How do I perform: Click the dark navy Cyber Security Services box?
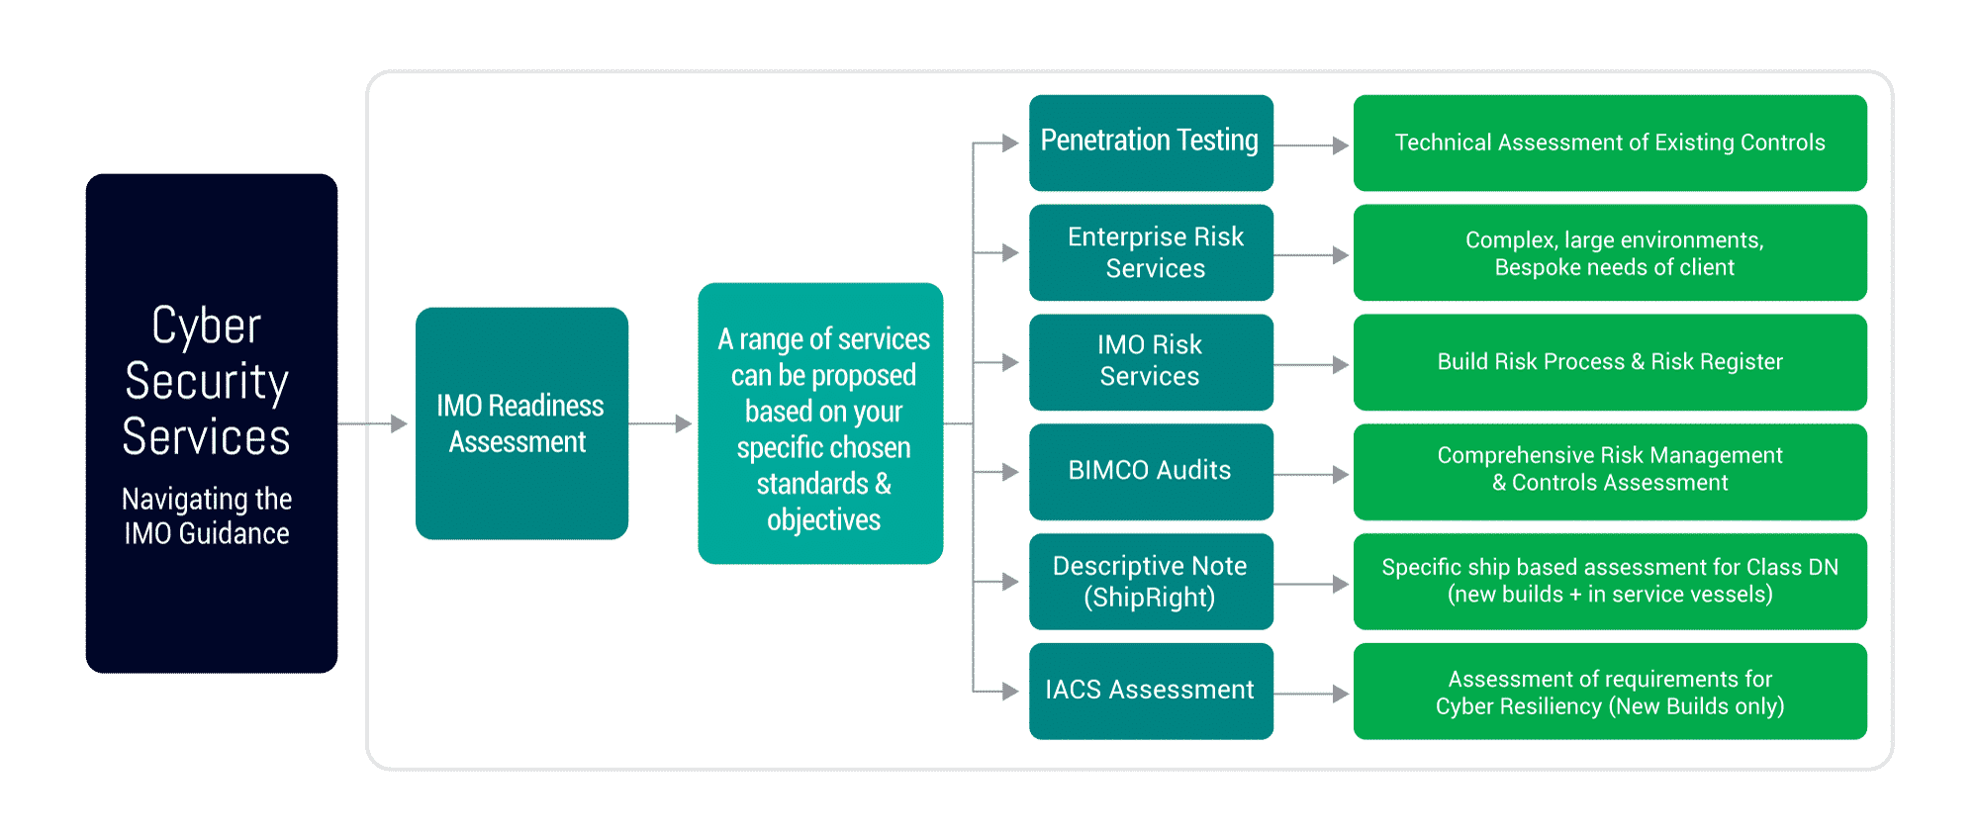point(212,423)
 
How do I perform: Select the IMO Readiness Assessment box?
point(521,423)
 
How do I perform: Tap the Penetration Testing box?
point(1151,142)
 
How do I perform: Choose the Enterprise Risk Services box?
point(1151,252)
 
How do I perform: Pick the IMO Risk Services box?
point(1151,362)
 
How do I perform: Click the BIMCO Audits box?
point(1151,472)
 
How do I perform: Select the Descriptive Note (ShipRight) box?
point(1151,582)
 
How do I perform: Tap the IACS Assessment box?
point(1151,692)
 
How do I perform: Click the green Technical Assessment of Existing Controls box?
point(1610,142)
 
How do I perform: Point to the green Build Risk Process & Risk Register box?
point(1610,362)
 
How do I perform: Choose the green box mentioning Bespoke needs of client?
point(1610,252)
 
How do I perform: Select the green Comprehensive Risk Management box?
point(1610,472)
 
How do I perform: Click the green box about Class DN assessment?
point(1610,582)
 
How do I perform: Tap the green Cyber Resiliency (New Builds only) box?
point(1610,692)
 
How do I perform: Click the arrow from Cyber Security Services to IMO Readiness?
point(373,423)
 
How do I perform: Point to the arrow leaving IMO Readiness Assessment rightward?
point(661,423)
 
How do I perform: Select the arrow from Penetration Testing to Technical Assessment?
point(1312,145)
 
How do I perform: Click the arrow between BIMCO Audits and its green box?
point(1312,475)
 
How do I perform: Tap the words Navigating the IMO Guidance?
point(207,515)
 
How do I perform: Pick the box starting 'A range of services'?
point(820,423)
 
